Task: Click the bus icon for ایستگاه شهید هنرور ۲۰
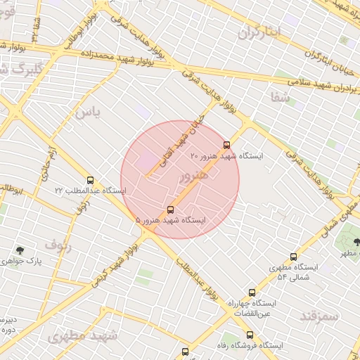(x=226, y=145)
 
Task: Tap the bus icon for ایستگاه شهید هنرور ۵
(x=171, y=210)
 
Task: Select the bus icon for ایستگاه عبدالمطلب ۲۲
(x=89, y=180)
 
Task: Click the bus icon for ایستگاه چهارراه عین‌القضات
(x=252, y=292)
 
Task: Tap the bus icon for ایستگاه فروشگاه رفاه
(x=186, y=351)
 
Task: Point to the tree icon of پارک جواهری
(x=19, y=250)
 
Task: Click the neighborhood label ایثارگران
(x=259, y=32)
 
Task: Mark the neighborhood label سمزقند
(x=318, y=316)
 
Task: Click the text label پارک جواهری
(x=40, y=261)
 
